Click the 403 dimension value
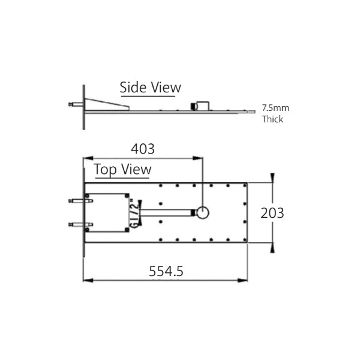[143, 149]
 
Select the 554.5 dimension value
[166, 271]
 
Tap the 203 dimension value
[272, 213]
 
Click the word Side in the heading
[133, 87]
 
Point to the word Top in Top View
[105, 169]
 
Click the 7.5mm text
[275, 108]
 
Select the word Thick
[272, 119]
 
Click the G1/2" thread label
[134, 213]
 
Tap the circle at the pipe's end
[203, 213]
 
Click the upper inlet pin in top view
[80, 201]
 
